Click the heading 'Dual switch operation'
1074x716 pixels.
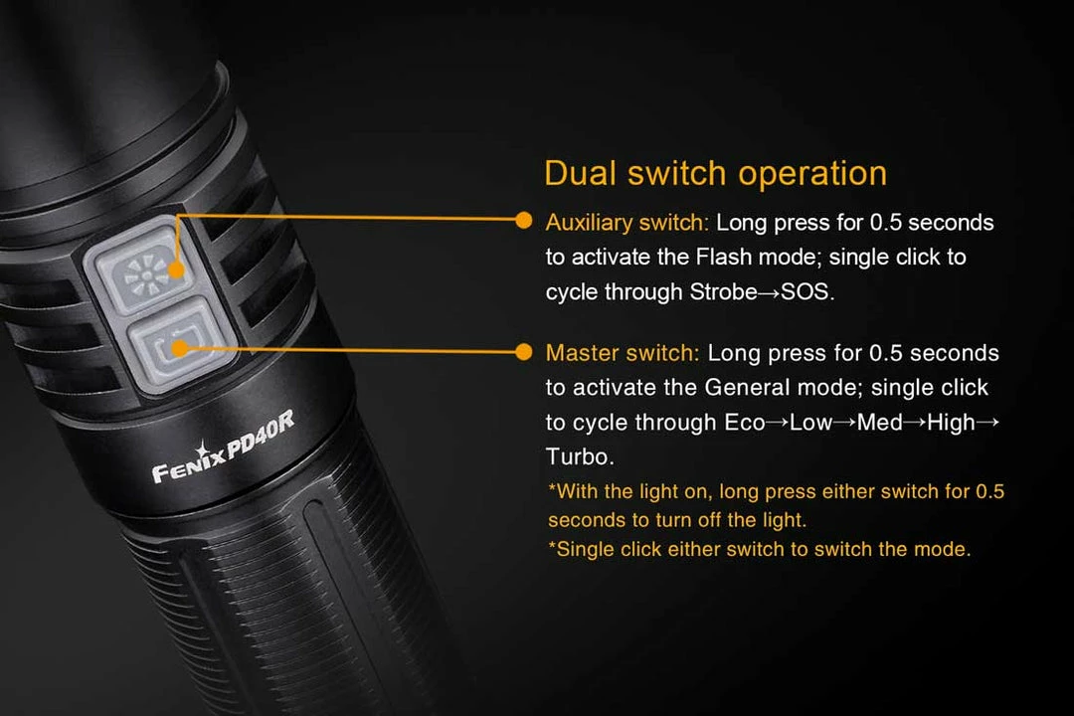[x=715, y=173]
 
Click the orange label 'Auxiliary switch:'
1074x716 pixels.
[x=626, y=223]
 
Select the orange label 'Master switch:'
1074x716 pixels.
[x=622, y=353]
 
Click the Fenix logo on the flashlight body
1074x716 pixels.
[x=188, y=463]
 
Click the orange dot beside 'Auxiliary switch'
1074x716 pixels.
[x=523, y=220]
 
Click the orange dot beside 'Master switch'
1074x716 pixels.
[x=523, y=352]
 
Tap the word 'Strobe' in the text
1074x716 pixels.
[x=723, y=292]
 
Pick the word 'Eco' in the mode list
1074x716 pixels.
[x=745, y=423]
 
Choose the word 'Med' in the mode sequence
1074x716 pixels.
[x=879, y=423]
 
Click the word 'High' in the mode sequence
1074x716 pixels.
[x=951, y=423]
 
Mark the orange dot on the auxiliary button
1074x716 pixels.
[x=176, y=269]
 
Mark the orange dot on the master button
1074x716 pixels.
[x=180, y=349]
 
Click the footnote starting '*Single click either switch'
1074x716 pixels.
[x=760, y=550]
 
